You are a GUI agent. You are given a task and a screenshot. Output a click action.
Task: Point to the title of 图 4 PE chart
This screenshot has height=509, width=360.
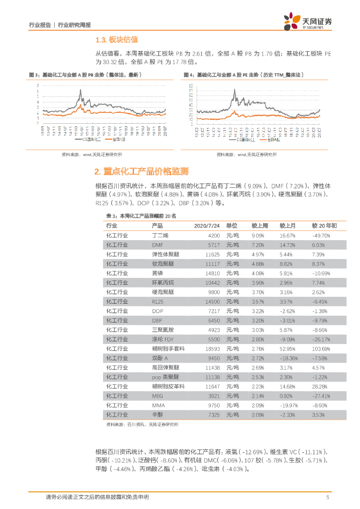pyautogui.click(x=244, y=75)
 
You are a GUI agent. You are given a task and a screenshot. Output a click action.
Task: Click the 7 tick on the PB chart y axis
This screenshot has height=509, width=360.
pyautogui.click(x=38, y=86)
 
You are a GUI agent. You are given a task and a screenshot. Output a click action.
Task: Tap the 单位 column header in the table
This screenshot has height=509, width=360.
pyautogui.click(x=232, y=226)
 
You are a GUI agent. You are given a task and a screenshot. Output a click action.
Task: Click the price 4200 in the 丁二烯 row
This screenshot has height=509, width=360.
pyautogui.click(x=214, y=236)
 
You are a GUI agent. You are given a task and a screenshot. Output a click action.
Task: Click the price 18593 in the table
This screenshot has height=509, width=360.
pyautogui.click(x=212, y=348)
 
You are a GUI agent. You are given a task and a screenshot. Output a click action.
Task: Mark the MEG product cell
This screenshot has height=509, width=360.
pyautogui.click(x=157, y=396)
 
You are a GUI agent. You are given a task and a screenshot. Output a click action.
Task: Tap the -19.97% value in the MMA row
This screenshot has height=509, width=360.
pyautogui.click(x=288, y=405)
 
